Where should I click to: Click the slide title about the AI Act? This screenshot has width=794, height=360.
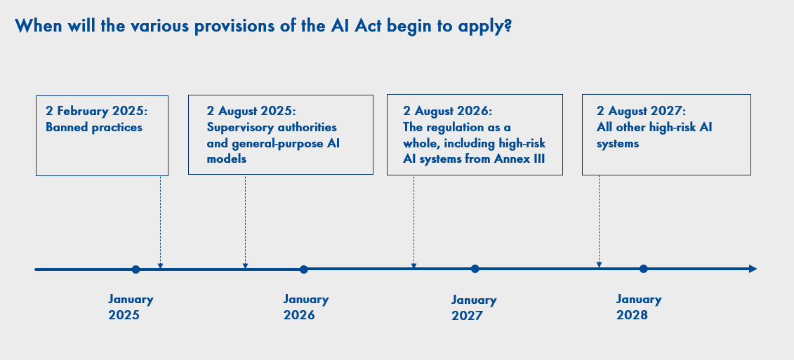pos(263,26)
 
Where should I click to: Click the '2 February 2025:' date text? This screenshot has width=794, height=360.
pos(99,112)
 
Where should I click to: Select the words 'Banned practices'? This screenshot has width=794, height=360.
pos(93,127)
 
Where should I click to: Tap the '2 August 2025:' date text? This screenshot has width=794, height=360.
pos(251,112)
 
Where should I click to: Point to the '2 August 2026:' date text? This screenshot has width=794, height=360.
pos(448,112)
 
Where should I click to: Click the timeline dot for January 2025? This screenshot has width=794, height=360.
pos(135,269)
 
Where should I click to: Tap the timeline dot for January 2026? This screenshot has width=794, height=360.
pos(304,269)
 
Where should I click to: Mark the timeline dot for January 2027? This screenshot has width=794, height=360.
pos(475,269)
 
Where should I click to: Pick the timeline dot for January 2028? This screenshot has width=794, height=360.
pos(643,269)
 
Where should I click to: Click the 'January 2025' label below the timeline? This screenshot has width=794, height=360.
pos(131,307)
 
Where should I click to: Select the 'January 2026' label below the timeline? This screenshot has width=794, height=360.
pos(306,307)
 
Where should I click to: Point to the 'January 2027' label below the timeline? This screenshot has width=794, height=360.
pos(474,308)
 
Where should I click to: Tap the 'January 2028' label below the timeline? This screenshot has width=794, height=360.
pos(639,307)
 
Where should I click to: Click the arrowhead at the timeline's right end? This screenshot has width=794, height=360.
pos(753,269)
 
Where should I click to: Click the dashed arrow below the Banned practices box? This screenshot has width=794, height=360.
pos(161,222)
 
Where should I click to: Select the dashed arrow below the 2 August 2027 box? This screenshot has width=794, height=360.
pos(599,222)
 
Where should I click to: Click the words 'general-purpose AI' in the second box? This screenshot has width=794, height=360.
pos(286,143)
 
